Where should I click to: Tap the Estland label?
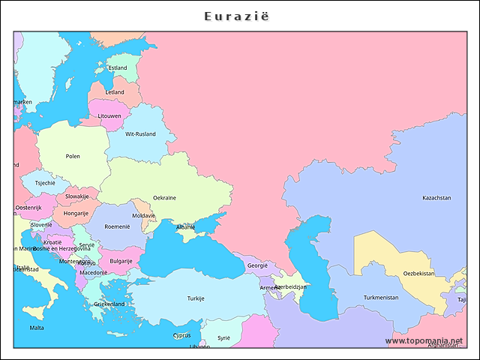118,68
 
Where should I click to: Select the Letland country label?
115,92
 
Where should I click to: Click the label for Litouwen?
109,116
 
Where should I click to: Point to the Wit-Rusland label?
140,134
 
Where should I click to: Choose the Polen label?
73,157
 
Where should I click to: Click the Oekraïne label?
164,198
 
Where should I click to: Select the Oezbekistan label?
418,274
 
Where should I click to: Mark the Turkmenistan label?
381,298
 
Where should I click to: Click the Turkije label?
196,298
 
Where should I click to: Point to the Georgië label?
257,265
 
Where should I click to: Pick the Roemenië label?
117,226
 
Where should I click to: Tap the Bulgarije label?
121,261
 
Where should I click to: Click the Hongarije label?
76,213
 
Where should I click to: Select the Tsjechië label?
45,183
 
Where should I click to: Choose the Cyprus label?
181,335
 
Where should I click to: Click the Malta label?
37,328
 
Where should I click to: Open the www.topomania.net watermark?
424,340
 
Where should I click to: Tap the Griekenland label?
109,304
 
